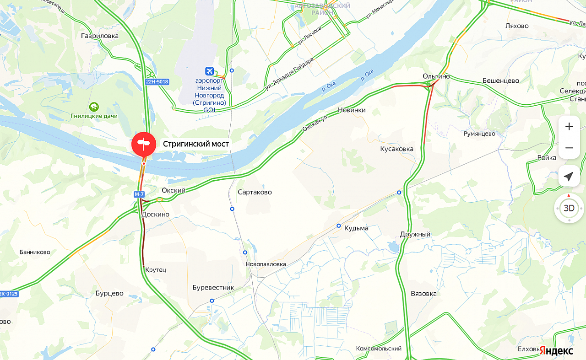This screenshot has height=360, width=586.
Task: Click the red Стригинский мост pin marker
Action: pos(144,144)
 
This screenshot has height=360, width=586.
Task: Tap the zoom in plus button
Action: pos(569,127)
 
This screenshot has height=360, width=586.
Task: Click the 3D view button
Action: pos(569,209)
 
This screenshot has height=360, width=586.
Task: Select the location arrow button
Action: pos(569,176)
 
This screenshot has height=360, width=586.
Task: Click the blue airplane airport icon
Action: pos(210,71)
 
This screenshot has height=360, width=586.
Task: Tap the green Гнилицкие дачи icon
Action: pos(94,107)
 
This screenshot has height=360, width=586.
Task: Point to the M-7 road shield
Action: pos(139,194)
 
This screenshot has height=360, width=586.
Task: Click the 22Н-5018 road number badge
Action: pos(157,82)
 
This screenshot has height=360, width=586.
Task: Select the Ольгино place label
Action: pos(436,76)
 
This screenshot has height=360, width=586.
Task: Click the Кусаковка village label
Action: pos(396,149)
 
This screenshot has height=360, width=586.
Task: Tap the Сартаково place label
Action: pos(255,192)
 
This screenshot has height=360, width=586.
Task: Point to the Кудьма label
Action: pos(356,228)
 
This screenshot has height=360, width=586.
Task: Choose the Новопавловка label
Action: pos(266,264)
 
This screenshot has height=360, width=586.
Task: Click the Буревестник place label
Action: pos(213,288)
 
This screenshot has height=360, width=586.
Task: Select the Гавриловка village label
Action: pos(99,36)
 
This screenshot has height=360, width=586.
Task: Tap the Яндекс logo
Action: pos(556,350)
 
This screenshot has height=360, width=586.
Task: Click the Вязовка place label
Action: pos(423,293)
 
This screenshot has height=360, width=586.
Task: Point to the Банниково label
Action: pos(35,252)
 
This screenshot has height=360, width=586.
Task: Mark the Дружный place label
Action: pos(415,234)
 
